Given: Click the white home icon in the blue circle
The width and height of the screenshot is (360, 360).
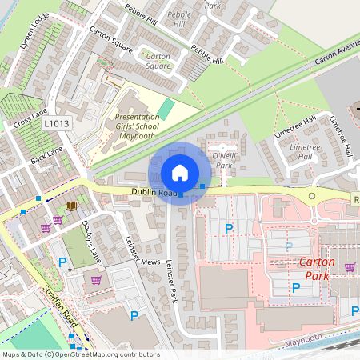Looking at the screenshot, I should tap(180, 173).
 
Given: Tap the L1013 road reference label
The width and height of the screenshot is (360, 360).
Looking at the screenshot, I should tap(56, 123).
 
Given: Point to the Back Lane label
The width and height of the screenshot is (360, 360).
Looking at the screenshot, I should tap(46, 156).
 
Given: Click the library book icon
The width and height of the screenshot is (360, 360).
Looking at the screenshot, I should tap(70, 206).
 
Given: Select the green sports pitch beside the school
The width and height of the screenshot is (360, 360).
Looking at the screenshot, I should tap(166, 107).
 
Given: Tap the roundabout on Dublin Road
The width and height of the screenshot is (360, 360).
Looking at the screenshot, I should tap(312, 196).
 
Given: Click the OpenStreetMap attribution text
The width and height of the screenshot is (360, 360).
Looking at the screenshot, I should tap(80, 354).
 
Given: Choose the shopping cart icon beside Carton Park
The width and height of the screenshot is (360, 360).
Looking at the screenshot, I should tap(349, 268).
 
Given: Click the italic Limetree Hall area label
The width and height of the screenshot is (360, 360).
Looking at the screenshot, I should tap(305, 152).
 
